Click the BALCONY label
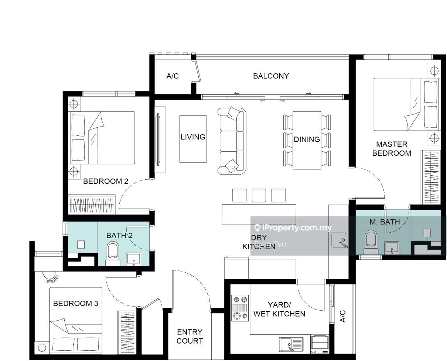271,76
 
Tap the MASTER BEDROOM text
392,149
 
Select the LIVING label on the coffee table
193,137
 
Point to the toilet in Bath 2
113,254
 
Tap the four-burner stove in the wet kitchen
240,308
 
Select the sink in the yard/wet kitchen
291,344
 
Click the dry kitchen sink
339,240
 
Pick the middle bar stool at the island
259,195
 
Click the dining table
307,140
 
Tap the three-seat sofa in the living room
232,141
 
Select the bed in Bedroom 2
102,138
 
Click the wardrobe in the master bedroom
431,177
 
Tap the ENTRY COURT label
190,337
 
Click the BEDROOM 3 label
76,304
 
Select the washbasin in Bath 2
134,259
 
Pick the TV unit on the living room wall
160,139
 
